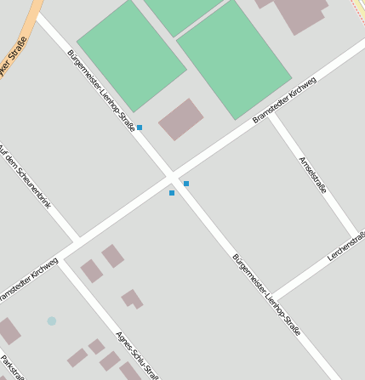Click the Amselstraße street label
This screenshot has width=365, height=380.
pos(313,174)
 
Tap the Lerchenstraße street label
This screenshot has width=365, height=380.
pos(346,244)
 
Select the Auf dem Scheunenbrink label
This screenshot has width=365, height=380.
pos(26,174)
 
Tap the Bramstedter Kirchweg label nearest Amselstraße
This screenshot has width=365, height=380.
pos(284,100)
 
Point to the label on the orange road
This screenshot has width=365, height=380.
pos(14,57)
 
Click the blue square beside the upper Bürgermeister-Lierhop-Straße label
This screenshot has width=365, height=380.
pos(140,128)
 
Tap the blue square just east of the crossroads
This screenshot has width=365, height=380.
pos(186,184)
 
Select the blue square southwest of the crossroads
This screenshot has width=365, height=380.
pos(172,193)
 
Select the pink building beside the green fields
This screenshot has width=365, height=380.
pos(181,118)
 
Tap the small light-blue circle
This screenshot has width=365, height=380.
pos(52,321)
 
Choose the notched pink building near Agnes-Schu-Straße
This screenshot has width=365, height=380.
pos(132,298)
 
